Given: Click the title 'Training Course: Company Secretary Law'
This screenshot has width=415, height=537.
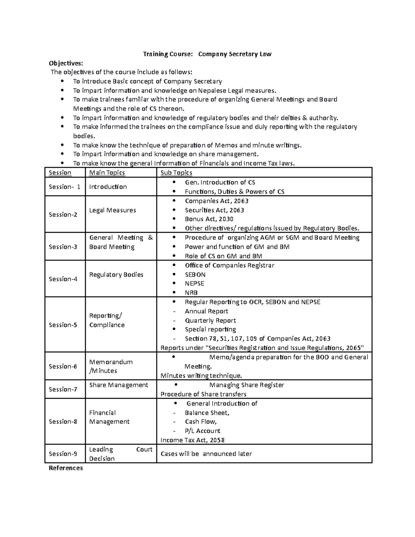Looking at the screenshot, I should pyautogui.click(x=207, y=54).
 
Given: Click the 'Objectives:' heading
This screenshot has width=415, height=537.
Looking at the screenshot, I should pyautogui.click(x=66, y=63).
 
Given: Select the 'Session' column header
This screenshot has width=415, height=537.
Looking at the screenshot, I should pyautogui.click(x=60, y=173).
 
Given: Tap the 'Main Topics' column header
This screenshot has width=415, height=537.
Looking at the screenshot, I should pyautogui.click(x=107, y=173).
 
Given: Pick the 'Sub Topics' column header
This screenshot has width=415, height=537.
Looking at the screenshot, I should pyautogui.click(x=176, y=173).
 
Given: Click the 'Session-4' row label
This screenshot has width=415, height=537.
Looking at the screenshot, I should pyautogui.click(x=63, y=279).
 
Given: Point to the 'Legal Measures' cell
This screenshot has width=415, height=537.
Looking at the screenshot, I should pyautogui.click(x=112, y=210).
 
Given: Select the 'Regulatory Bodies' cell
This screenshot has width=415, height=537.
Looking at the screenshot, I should pyautogui.click(x=116, y=275).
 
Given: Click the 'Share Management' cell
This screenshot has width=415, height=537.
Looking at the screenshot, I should pyautogui.click(x=119, y=385).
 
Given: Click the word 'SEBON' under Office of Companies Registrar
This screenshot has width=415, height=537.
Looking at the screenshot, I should pyautogui.click(x=195, y=275).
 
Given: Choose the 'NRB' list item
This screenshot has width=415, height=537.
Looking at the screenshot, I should pyautogui.click(x=191, y=293).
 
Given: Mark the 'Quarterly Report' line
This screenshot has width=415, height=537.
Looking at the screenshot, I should pyautogui.click(x=210, y=321).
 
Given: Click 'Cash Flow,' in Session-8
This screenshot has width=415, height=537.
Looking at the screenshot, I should pyautogui.click(x=201, y=422).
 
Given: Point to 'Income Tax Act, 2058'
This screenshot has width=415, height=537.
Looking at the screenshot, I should pyautogui.click(x=193, y=440).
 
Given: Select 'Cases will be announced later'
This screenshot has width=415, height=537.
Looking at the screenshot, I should pyautogui.click(x=206, y=454).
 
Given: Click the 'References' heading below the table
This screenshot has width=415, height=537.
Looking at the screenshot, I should pyautogui.click(x=66, y=468).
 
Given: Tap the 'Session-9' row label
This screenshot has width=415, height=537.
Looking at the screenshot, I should pyautogui.click(x=63, y=454).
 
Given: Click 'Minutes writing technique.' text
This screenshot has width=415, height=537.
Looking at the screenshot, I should pyautogui.click(x=201, y=376).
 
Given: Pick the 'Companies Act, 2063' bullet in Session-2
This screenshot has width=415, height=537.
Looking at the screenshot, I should pyautogui.click(x=216, y=201).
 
